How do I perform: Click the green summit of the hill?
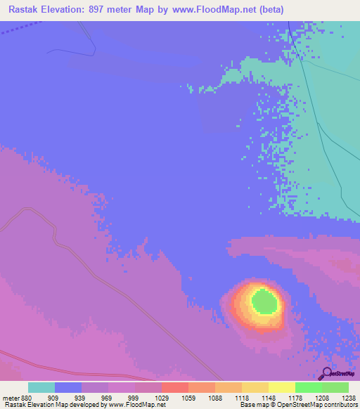pos(264,302)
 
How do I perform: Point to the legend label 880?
pos(27,397)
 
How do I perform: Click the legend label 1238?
pos(349,397)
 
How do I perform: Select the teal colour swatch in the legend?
pos(41,387)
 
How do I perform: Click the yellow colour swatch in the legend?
pos(282,387)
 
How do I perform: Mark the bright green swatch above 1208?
pos(309,387)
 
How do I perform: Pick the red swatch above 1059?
pos(175,387)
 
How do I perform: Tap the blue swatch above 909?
pos(68,387)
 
